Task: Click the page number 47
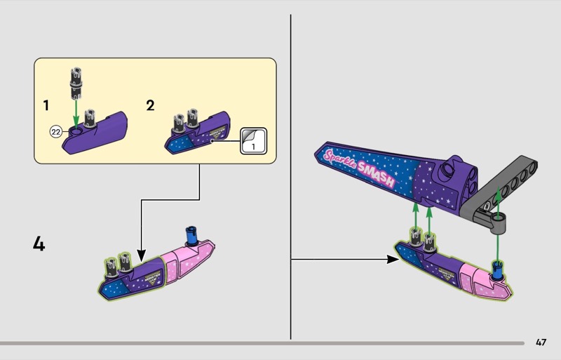point(541,342)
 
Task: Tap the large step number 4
point(39,244)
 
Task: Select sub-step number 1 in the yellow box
point(46,105)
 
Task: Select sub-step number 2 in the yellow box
point(150,105)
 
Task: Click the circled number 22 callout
point(56,132)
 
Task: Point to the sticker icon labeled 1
point(253,141)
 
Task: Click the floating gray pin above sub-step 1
point(76,84)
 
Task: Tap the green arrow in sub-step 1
point(76,114)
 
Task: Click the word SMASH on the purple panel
point(375,175)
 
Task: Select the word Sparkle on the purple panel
point(340,159)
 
